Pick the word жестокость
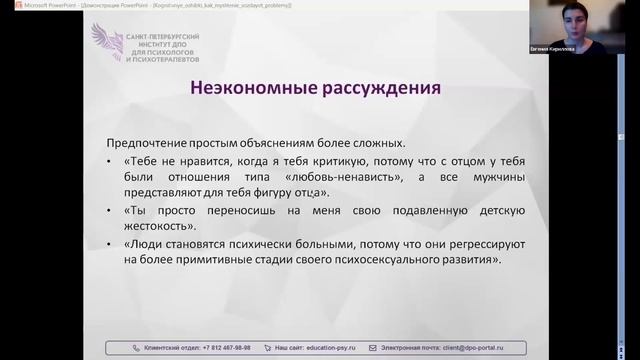(160, 227)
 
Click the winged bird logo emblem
(106, 42)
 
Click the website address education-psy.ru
(332, 347)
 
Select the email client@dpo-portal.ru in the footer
(477, 347)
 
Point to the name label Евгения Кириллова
(578, 47)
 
